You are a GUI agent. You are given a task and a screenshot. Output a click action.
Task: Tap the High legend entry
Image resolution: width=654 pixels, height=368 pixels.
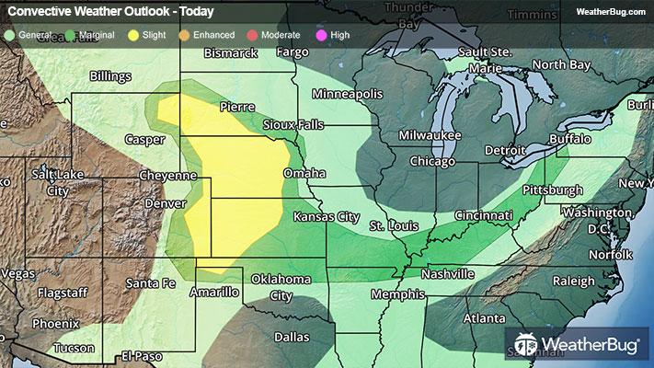pos(333,35)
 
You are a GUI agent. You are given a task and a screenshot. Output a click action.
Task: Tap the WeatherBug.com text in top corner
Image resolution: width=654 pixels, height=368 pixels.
pos(610,12)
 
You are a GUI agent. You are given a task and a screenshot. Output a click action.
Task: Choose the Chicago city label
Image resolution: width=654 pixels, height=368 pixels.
pos(432,162)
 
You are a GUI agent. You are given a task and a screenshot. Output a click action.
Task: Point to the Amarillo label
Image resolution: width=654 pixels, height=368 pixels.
pos(214,292)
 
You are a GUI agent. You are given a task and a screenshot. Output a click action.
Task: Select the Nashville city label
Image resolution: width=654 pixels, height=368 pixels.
pos(447,274)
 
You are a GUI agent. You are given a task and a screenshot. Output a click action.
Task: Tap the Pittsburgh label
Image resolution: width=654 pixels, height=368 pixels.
pos(552,190)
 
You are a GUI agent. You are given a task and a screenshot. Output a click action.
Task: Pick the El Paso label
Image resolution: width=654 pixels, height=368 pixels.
pos(142,355)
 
